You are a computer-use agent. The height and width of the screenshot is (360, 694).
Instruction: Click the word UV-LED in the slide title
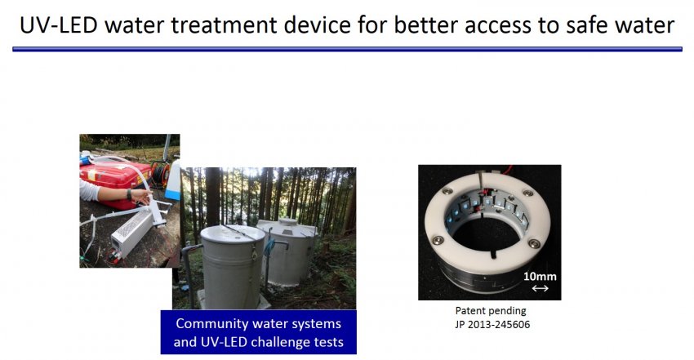pyautogui.click(x=59, y=24)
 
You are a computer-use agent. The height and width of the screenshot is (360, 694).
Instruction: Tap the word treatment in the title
pyautogui.click(x=224, y=25)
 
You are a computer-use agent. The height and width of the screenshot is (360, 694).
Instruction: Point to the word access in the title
pyautogui.click(x=497, y=25)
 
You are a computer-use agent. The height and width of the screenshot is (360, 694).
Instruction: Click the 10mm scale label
pyautogui.click(x=540, y=277)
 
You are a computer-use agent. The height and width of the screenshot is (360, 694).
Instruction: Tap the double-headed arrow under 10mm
pyautogui.click(x=540, y=288)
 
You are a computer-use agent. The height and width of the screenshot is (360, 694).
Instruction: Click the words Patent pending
pyautogui.click(x=491, y=311)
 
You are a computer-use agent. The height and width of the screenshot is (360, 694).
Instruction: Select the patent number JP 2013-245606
pyautogui.click(x=492, y=325)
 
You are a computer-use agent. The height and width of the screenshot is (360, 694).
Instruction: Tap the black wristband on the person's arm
pyautogui.click(x=129, y=194)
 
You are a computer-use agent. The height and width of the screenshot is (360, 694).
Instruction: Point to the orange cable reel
pyautogui.click(x=160, y=174)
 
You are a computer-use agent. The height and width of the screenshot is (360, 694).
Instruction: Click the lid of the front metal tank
pyautogui.click(x=233, y=234)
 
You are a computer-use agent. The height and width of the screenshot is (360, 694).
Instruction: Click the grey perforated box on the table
pyautogui.click(x=132, y=232)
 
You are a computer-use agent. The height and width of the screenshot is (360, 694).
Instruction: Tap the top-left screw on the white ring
pyautogui.click(x=448, y=191)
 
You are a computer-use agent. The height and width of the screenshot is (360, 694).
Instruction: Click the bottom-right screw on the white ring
pyautogui.click(x=533, y=244)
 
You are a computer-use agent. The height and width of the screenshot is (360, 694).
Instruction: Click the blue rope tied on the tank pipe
pyautogui.click(x=269, y=247)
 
